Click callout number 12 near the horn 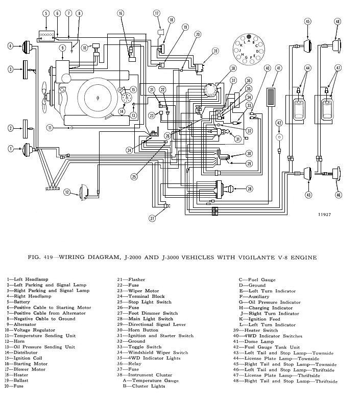[x=67, y=192]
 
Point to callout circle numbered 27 [x=152, y=218]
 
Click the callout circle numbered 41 [x=278, y=68]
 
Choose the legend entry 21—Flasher [x=130, y=279]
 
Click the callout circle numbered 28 [x=249, y=189]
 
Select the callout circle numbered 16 [x=121, y=12]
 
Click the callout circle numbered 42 [x=279, y=123]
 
